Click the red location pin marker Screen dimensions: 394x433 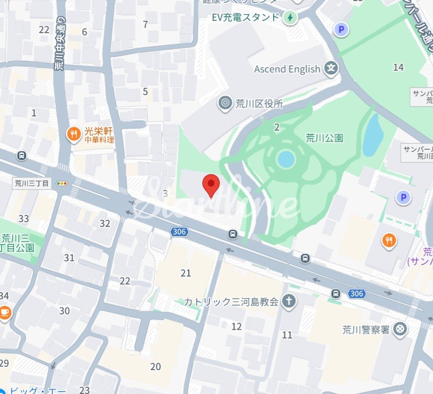click(x=211, y=185)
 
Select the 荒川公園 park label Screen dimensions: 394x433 click(x=324, y=138)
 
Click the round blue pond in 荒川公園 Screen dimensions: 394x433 click(x=286, y=159)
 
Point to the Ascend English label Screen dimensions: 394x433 click(x=287, y=69)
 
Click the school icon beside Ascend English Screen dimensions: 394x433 click(x=331, y=69)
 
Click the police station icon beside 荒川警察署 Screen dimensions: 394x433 click(x=400, y=329)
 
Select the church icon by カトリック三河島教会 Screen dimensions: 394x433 click(x=289, y=300)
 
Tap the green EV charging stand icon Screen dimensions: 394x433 click(x=291, y=17)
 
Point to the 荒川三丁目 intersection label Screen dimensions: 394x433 click(x=31, y=183)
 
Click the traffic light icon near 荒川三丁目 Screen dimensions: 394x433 click(x=62, y=183)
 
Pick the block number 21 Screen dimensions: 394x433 click(x=186, y=273)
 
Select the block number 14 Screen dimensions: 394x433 click(x=399, y=67)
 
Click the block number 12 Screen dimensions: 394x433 click(x=237, y=327)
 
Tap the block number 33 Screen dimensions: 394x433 click(x=23, y=219)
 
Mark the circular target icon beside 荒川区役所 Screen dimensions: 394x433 click(x=224, y=102)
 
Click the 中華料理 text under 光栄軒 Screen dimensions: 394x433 click(x=99, y=140)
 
